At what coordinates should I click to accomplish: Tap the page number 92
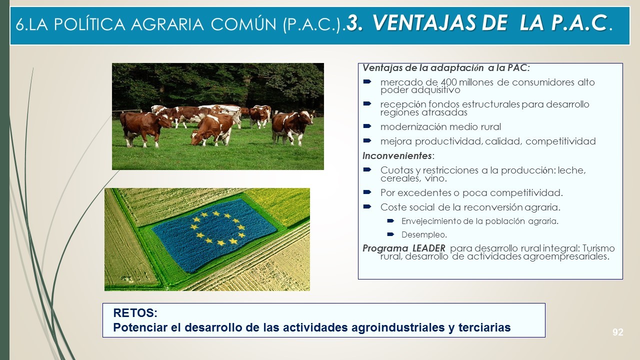click(x=617, y=332)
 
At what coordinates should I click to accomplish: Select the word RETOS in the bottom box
click(x=135, y=313)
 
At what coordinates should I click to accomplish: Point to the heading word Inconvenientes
click(x=397, y=155)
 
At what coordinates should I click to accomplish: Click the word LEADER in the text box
click(x=429, y=248)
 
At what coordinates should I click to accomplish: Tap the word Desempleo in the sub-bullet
click(x=423, y=235)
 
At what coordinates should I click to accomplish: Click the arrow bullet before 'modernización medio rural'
click(x=367, y=126)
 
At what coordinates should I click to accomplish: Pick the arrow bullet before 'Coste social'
click(x=367, y=206)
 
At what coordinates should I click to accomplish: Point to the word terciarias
click(x=484, y=327)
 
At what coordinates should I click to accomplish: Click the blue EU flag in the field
click(x=214, y=234)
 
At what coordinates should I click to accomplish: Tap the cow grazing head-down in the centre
click(x=212, y=130)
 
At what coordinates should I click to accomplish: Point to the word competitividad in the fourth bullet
click(x=560, y=141)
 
